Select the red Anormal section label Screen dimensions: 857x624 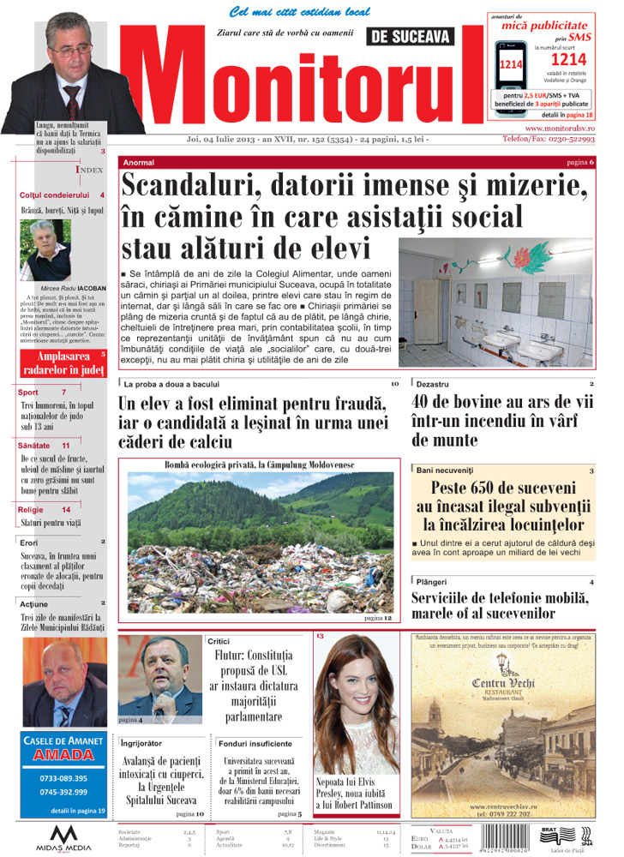pos(140,162)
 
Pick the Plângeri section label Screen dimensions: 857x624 pos(435,583)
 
